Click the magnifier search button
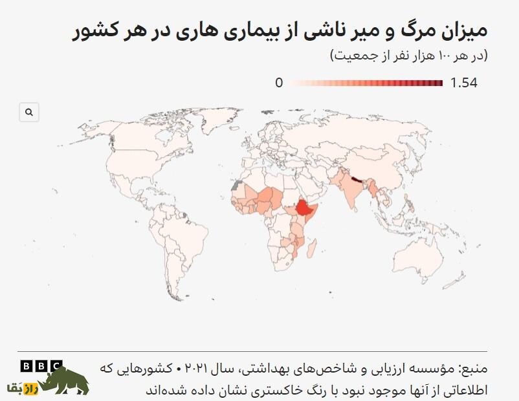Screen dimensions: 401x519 pos(29,112)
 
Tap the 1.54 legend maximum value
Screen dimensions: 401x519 pos(464,83)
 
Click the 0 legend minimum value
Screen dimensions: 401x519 pos(279,83)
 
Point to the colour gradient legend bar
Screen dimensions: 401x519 pos(366,83)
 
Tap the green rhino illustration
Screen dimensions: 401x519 pos(67,382)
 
